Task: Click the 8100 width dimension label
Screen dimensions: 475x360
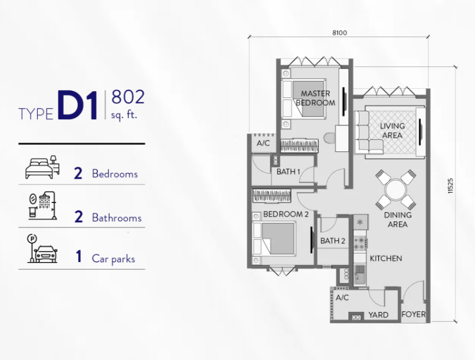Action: [339, 33]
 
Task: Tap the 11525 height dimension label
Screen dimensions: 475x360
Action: [450, 185]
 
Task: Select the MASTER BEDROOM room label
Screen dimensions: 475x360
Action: [316, 98]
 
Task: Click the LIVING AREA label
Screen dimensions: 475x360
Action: [392, 131]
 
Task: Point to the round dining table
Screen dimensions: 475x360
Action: [396, 190]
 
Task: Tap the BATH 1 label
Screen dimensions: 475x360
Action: [288, 171]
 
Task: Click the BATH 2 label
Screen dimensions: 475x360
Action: [333, 241]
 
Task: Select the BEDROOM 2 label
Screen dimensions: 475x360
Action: [286, 215]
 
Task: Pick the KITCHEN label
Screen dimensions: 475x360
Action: [386, 258]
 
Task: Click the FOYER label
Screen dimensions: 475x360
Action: [414, 314]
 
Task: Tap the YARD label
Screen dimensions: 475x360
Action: [378, 315]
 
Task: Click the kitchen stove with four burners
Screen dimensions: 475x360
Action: [361, 243]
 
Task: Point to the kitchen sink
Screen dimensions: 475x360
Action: [360, 274]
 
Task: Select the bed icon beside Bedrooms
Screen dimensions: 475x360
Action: [42, 167]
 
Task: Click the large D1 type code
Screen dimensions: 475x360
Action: [78, 105]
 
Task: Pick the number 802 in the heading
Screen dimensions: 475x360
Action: [128, 97]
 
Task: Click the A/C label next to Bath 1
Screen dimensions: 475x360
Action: [263, 144]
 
